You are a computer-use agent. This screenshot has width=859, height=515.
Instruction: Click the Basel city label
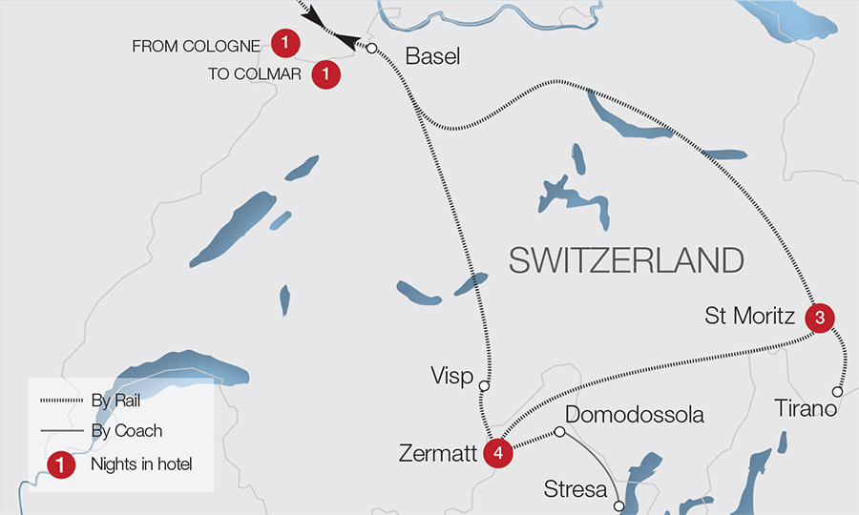[x=432, y=56]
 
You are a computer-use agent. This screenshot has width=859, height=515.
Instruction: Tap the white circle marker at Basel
[x=371, y=49]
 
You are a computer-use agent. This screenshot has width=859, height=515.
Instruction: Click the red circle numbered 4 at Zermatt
[x=497, y=453]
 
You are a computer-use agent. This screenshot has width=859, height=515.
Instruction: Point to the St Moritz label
[x=749, y=316]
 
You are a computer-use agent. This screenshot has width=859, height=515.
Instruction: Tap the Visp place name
[x=452, y=377]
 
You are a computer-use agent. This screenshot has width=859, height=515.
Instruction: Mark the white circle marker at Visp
[x=484, y=386]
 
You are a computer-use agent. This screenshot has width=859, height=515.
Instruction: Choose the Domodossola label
[x=635, y=415]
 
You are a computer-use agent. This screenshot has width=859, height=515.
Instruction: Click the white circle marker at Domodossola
[x=560, y=432]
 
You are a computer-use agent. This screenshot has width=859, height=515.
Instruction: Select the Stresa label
[x=576, y=490]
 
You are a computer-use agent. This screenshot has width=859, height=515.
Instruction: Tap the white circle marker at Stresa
[x=619, y=505]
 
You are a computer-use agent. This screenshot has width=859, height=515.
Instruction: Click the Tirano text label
[x=805, y=409]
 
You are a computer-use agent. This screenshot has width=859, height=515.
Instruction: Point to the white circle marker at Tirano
[x=837, y=391]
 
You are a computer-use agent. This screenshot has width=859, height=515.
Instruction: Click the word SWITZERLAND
[x=626, y=260]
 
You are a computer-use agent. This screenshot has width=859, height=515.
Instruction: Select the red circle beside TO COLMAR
[x=326, y=72]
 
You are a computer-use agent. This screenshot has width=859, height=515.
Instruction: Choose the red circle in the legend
[x=61, y=464]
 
